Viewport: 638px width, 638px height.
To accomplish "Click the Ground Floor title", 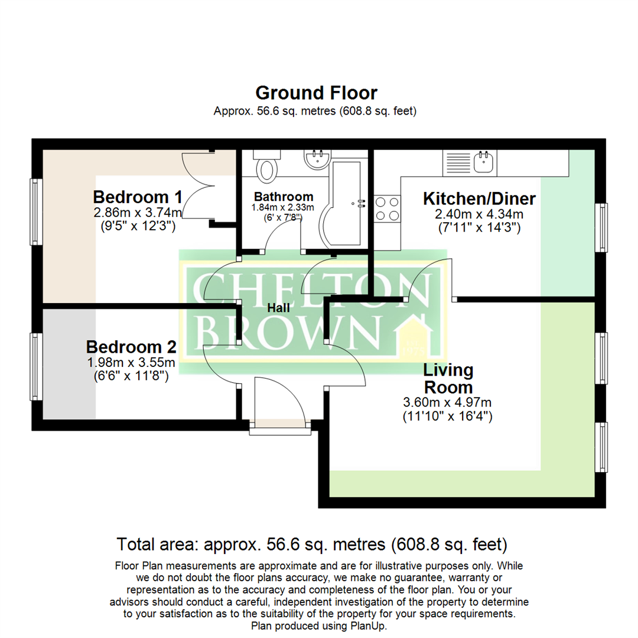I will point(316,93).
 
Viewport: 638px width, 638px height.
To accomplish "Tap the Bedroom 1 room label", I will point(137,197).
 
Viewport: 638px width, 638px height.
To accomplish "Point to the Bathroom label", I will point(283,197).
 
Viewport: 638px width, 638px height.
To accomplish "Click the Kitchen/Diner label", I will point(479,199).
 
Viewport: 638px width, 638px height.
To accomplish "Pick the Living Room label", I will point(448,379).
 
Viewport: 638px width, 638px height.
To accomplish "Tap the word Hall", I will point(278,308).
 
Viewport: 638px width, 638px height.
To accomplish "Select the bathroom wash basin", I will point(317,159).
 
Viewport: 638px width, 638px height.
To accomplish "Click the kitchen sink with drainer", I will point(471,162).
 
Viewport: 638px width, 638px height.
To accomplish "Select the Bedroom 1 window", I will point(35,212).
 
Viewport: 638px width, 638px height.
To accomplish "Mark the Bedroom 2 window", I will point(35,366).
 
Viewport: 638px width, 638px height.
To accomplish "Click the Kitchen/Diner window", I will point(601,227).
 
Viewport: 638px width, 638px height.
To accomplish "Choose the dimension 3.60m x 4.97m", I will point(447,403).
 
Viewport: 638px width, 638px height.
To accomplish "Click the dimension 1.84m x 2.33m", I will point(283,208).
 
